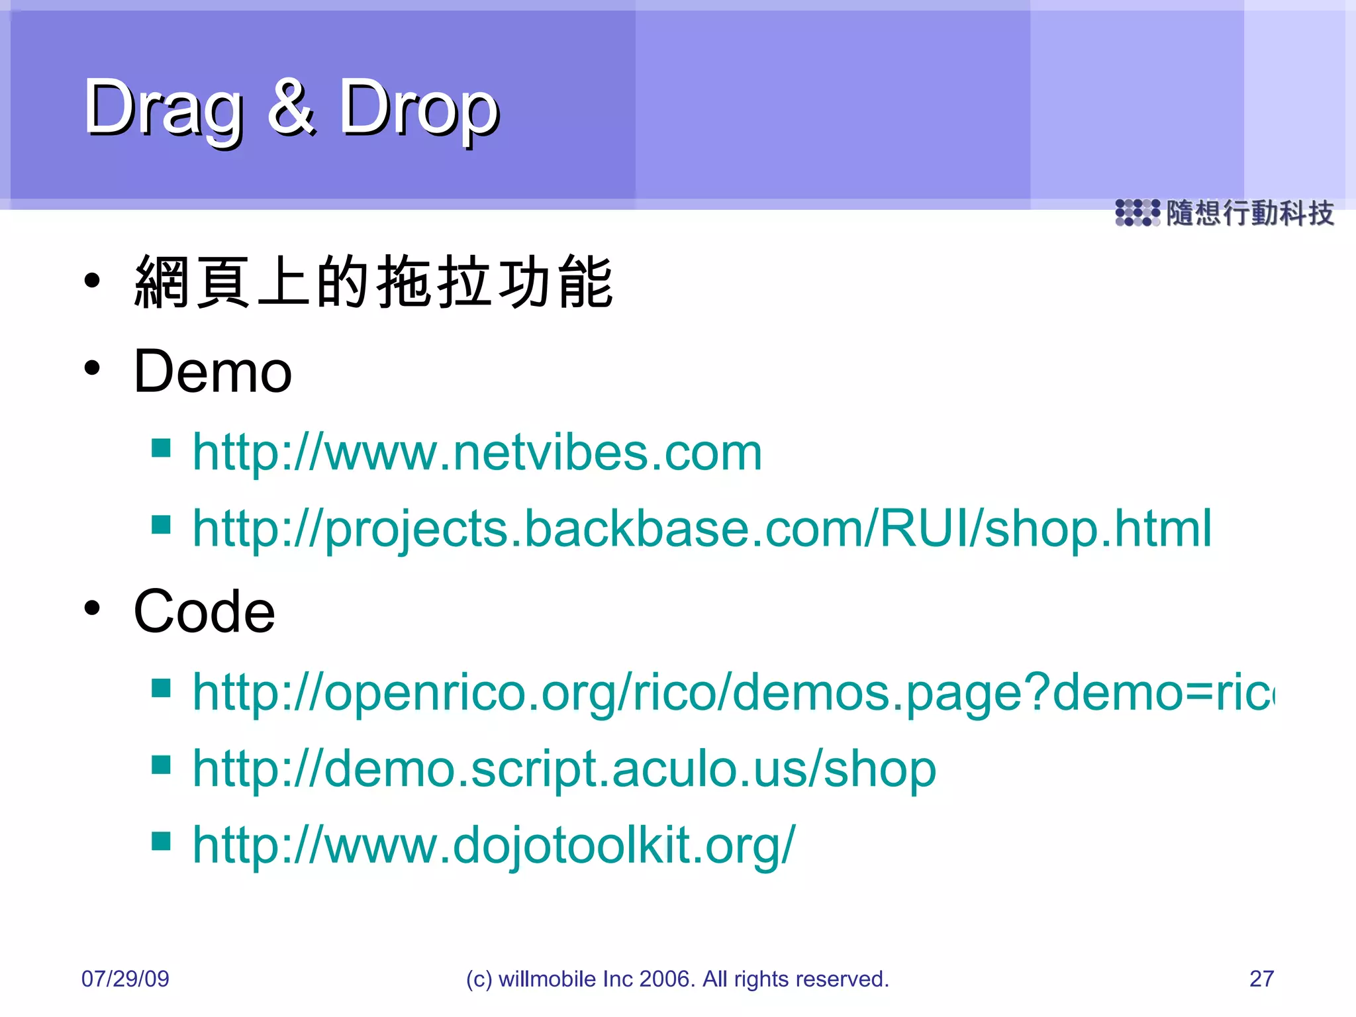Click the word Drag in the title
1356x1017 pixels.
pyautogui.click(x=162, y=108)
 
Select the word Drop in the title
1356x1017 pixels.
pyautogui.click(x=419, y=108)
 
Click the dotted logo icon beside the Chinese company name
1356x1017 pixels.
pyautogui.click(x=1137, y=213)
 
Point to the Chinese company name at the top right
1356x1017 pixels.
pyautogui.click(x=1249, y=213)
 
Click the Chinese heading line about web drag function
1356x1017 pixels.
pyautogui.click(x=374, y=283)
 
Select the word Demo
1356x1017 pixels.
pyautogui.click(x=213, y=371)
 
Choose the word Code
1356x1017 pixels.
pyautogui.click(x=204, y=611)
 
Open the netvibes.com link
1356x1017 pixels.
pyautogui.click(x=477, y=453)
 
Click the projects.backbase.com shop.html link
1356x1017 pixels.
pyautogui.click(x=702, y=529)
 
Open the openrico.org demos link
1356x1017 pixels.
pyautogui.click(x=732, y=693)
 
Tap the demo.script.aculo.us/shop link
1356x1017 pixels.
pyautogui.click(x=564, y=769)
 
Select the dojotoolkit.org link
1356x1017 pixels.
pyautogui.click(x=493, y=846)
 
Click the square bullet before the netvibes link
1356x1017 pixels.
pyautogui.click(x=161, y=448)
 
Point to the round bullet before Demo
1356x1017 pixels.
pyautogui.click(x=92, y=367)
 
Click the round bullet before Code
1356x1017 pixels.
pyautogui.click(x=92, y=607)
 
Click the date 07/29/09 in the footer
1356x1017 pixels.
pyautogui.click(x=125, y=979)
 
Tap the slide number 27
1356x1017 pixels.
pyautogui.click(x=1261, y=979)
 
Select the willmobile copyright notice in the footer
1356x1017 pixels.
pyautogui.click(x=677, y=979)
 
